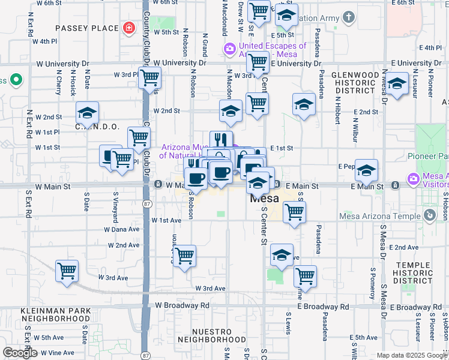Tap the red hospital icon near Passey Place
(x=128, y=28)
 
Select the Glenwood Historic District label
(x=355, y=82)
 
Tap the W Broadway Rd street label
(x=182, y=305)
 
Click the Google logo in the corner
(x=20, y=353)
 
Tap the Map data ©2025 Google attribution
(x=411, y=355)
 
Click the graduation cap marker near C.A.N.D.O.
(x=88, y=113)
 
